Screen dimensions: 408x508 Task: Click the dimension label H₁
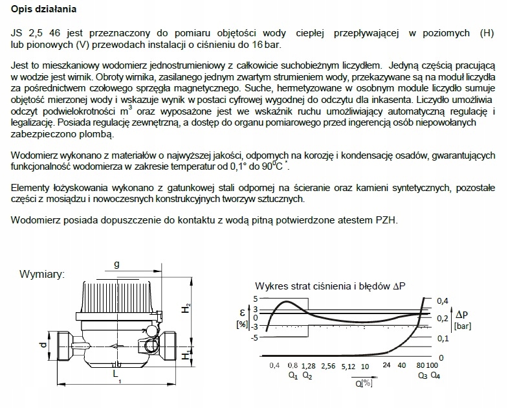tap(186, 355)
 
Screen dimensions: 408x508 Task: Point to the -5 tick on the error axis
tap(255, 337)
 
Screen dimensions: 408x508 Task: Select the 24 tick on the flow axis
tap(386, 367)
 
